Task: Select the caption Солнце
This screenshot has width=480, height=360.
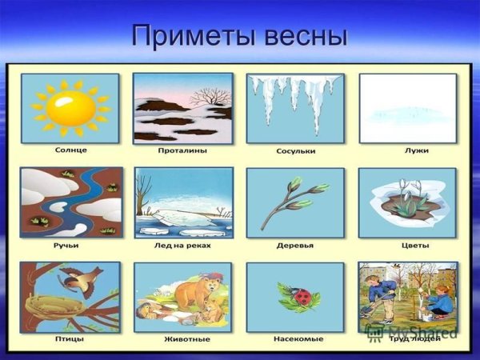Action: [71, 150]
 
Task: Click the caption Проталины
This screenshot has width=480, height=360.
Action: [183, 150]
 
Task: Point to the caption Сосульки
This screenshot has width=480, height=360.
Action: [295, 150]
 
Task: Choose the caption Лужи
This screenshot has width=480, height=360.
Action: [408, 150]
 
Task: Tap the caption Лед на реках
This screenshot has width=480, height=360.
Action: [183, 245]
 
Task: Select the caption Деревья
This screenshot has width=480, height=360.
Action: [295, 245]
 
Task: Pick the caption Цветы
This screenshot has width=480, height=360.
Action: [408, 245]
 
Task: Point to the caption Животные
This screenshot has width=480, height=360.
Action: [183, 339]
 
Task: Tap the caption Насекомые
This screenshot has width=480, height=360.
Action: [295, 339]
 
